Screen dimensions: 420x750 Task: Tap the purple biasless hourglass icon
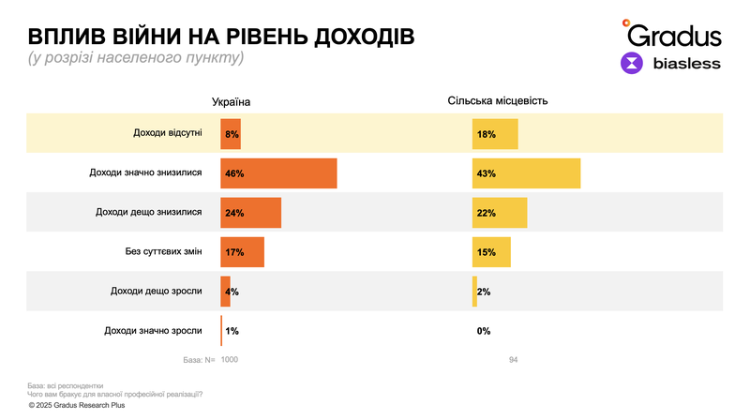(633, 64)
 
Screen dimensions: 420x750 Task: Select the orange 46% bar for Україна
(278, 173)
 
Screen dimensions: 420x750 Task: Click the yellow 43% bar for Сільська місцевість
(526, 173)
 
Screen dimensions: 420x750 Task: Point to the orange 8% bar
(231, 134)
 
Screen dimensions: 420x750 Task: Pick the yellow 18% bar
(495, 134)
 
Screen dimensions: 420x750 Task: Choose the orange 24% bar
(250, 213)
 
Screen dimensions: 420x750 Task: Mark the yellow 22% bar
(500, 213)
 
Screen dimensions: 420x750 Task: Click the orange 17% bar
(242, 252)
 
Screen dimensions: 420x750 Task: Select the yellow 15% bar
(491, 252)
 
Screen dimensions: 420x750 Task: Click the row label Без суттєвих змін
(163, 252)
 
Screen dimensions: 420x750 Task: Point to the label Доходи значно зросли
(154, 330)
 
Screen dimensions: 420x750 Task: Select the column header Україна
(231, 101)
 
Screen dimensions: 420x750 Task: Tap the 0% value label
(484, 331)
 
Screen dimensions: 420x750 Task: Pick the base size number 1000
(230, 360)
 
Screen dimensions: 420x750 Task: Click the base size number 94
(513, 360)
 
